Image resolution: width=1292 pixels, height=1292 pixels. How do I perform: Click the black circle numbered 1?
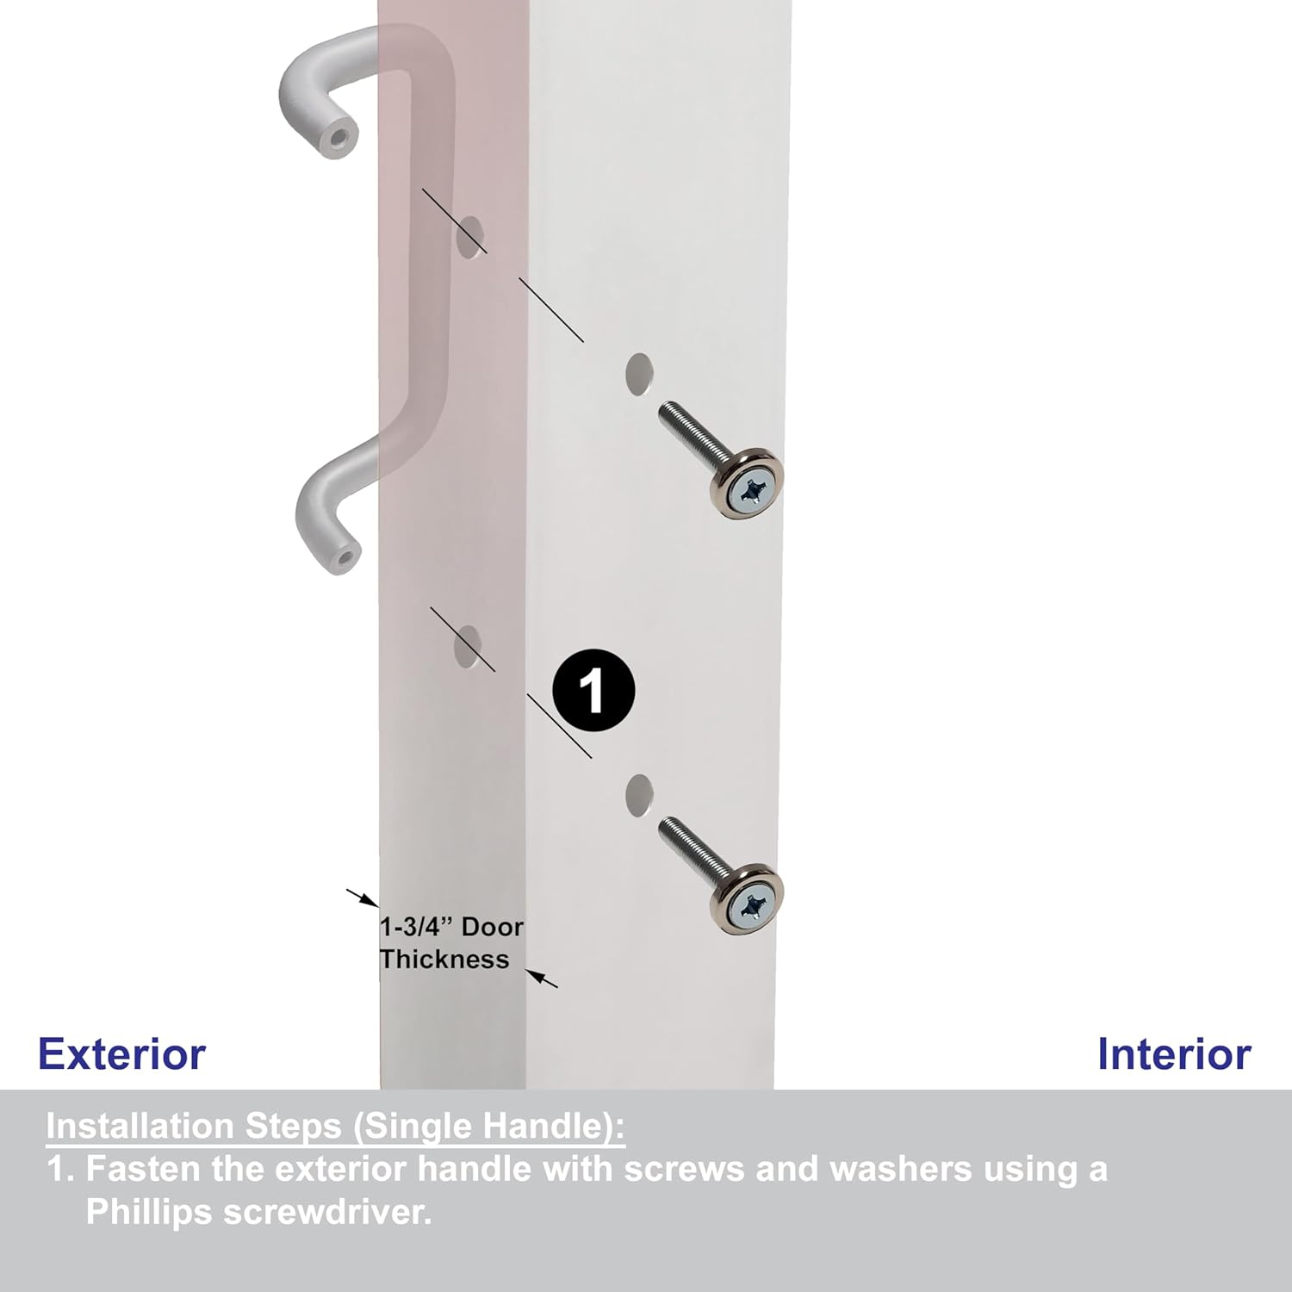[593, 690]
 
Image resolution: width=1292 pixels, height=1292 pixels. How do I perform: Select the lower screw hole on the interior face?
[638, 793]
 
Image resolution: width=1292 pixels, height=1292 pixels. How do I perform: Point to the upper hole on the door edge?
[470, 237]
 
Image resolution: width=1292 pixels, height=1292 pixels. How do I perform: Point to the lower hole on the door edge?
[469, 648]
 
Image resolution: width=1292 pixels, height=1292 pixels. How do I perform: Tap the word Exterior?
[122, 1054]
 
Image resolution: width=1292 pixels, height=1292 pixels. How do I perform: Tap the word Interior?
[1173, 1054]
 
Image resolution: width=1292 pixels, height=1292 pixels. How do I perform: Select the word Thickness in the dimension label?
[444, 960]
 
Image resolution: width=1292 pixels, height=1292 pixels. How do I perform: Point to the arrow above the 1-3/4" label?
[363, 898]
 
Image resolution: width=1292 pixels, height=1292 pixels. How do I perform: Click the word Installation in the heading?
[140, 1127]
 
